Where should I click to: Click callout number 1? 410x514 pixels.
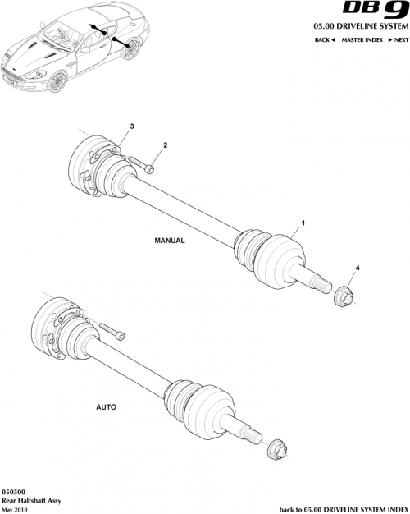click(x=303, y=223)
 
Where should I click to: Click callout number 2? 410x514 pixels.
click(x=165, y=145)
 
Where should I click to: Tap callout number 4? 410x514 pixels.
click(x=357, y=268)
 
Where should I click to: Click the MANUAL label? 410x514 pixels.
click(x=170, y=241)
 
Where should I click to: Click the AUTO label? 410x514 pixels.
click(x=106, y=406)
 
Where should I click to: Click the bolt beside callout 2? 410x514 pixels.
click(x=142, y=165)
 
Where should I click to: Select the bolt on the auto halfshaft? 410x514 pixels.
click(x=112, y=331)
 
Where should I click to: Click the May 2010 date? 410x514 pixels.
click(x=14, y=507)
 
